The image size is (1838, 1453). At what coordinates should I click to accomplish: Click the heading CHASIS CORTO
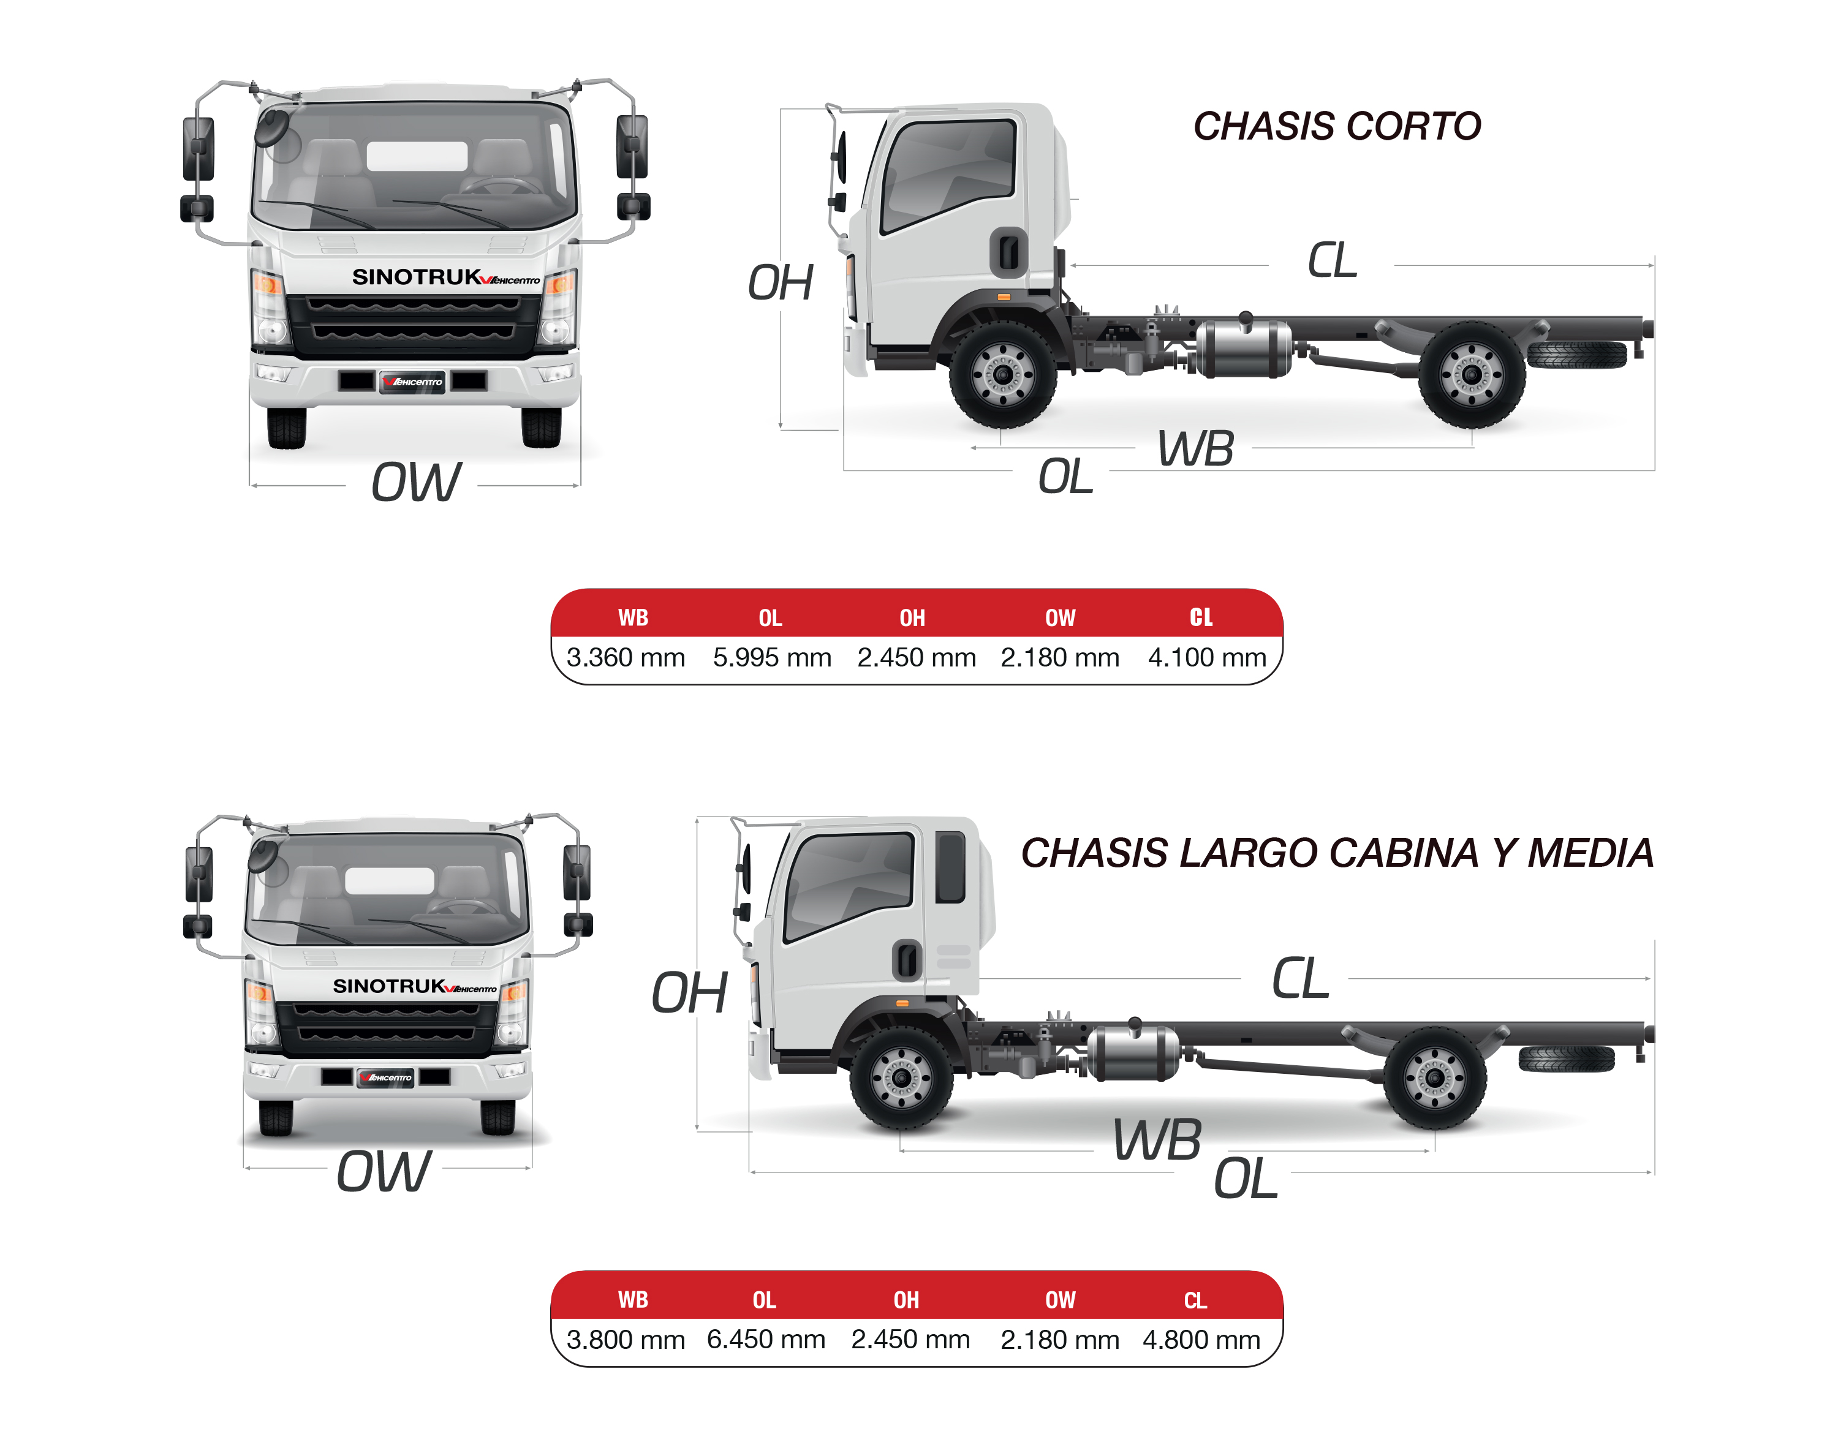point(1336,126)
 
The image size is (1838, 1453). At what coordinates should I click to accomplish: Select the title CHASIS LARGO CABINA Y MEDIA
point(1336,853)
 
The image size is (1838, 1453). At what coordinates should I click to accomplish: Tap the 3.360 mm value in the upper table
point(626,658)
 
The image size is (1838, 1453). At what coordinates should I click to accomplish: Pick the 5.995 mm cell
point(772,658)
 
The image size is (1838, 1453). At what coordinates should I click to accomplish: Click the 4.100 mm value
point(1206,658)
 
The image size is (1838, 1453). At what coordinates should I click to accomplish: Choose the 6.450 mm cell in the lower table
point(766,1339)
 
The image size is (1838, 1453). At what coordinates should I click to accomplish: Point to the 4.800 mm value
point(1201,1339)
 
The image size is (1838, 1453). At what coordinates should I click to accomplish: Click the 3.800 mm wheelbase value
point(626,1339)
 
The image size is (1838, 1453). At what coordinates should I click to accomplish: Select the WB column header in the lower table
point(632,1300)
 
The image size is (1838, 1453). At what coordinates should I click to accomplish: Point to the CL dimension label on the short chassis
point(1332,260)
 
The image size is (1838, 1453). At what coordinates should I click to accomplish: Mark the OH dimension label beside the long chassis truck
point(689,993)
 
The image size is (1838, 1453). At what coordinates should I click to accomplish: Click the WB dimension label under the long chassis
point(1157,1140)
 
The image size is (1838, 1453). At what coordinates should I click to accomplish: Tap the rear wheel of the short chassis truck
point(1471,374)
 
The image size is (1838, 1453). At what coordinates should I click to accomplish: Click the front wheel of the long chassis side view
point(902,1078)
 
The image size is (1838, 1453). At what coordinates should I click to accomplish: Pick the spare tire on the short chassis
point(1576,354)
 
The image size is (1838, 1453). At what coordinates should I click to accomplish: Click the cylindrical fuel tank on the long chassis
point(1133,1053)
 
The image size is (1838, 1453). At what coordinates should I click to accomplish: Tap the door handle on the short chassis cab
point(1009,252)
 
